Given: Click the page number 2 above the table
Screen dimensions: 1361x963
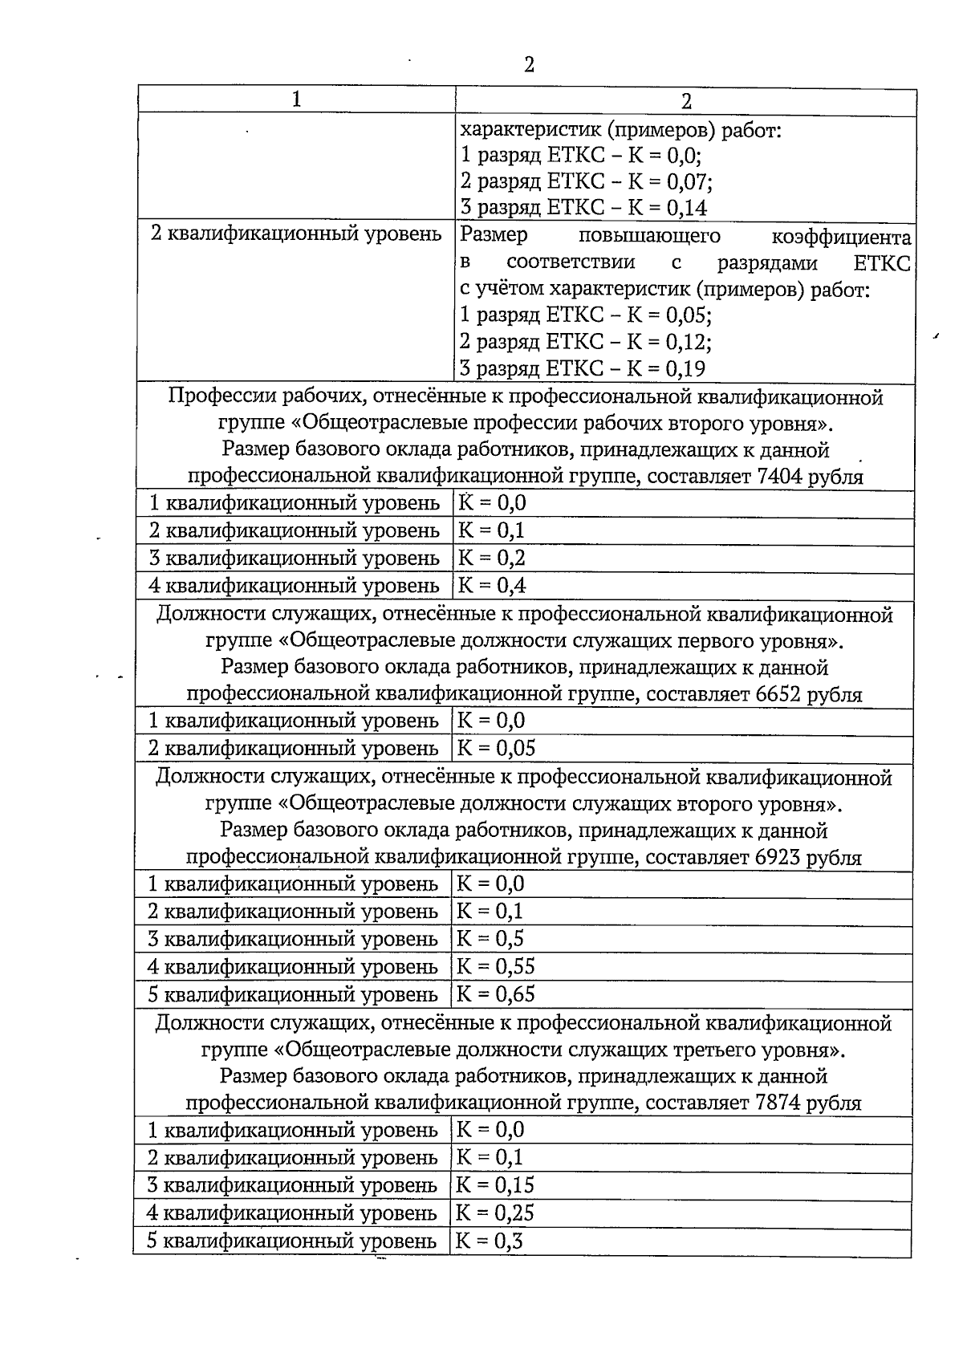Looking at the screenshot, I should [529, 65].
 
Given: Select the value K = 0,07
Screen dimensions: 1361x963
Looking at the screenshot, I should [671, 181].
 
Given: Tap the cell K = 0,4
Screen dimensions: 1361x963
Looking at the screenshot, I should [492, 585].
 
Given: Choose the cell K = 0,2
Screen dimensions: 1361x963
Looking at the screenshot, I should [491, 558].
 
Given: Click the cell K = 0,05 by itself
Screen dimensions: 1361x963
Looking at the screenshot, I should [496, 749].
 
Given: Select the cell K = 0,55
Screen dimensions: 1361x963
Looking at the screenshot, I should [495, 966].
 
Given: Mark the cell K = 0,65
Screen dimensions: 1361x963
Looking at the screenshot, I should [495, 994].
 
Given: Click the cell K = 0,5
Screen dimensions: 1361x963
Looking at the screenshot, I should [490, 939].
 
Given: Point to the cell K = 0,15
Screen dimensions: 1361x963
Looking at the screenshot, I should [495, 1184].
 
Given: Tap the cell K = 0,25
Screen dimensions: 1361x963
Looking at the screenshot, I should [495, 1213].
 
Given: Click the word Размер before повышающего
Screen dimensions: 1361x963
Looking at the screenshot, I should [494, 235].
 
